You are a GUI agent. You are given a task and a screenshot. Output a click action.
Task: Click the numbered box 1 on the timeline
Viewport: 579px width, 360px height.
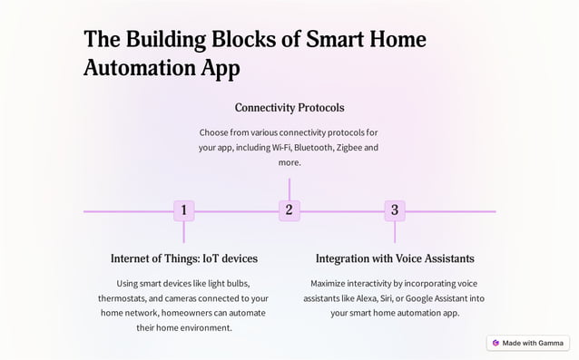pos(183,210)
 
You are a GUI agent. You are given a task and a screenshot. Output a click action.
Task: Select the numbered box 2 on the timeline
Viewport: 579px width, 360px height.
pos(289,210)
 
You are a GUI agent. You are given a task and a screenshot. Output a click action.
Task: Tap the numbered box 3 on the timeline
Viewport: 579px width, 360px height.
pos(394,210)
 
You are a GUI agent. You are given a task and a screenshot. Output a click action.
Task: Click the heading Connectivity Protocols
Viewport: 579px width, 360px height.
pos(289,108)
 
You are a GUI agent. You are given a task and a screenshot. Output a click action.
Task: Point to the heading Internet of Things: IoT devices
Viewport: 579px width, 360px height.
pos(183,258)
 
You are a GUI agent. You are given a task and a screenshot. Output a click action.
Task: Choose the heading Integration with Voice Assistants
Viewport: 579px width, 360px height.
pos(394,258)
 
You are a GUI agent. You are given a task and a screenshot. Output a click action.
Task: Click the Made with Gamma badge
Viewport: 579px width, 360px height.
pos(527,343)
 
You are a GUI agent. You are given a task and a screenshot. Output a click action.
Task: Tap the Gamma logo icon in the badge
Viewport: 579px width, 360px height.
pos(496,343)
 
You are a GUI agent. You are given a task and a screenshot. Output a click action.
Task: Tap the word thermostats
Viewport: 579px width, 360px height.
pos(126,298)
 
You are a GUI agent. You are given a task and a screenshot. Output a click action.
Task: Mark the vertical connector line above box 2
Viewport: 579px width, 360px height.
pos(289,189)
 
